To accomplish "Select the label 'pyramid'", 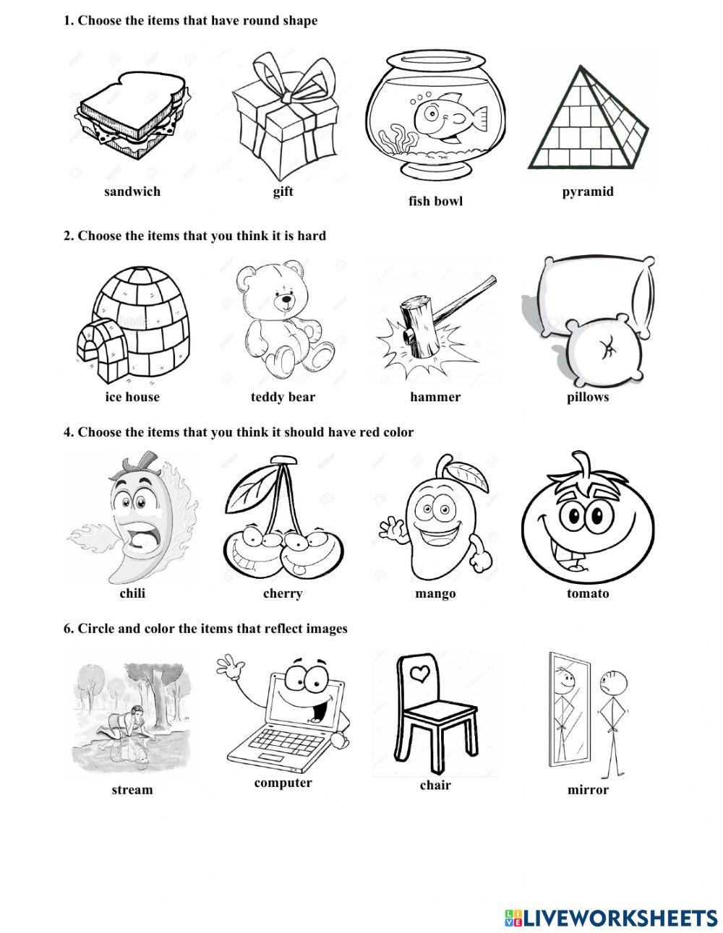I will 588,192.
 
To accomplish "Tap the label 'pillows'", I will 588,397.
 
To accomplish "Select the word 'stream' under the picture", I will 132,790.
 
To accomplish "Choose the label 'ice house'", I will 132,397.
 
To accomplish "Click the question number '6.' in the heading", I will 69,629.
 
